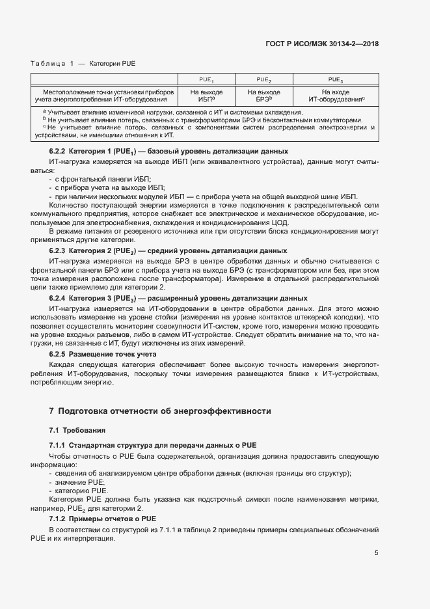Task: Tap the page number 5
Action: coord(376,553)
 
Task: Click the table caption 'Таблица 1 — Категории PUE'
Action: coord(83,63)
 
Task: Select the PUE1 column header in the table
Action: coord(206,79)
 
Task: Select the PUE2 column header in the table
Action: coord(263,79)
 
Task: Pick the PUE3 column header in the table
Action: coord(336,79)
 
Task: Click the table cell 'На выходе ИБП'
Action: coord(206,96)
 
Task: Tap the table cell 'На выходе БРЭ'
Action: coord(263,96)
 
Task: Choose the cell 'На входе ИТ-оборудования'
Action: coord(336,96)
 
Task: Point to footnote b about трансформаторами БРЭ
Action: coord(202,120)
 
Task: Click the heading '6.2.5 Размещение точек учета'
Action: coord(103,353)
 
